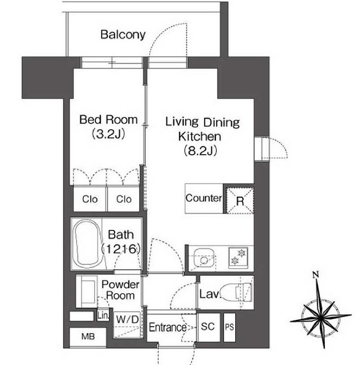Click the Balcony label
coord(123,35)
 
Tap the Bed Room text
coord(109,120)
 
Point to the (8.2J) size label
coord(200,151)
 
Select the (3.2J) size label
coord(109,134)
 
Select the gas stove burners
coord(238,257)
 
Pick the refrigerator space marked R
coord(240,200)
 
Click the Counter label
coord(204,198)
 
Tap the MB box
coord(88,337)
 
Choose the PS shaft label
coord(229,327)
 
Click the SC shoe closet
coord(208,327)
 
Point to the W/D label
coord(127,319)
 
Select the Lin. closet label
coord(103,316)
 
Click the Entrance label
coord(167,327)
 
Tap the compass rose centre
coord(320,317)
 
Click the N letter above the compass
coord(316,275)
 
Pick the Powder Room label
coord(120,290)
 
